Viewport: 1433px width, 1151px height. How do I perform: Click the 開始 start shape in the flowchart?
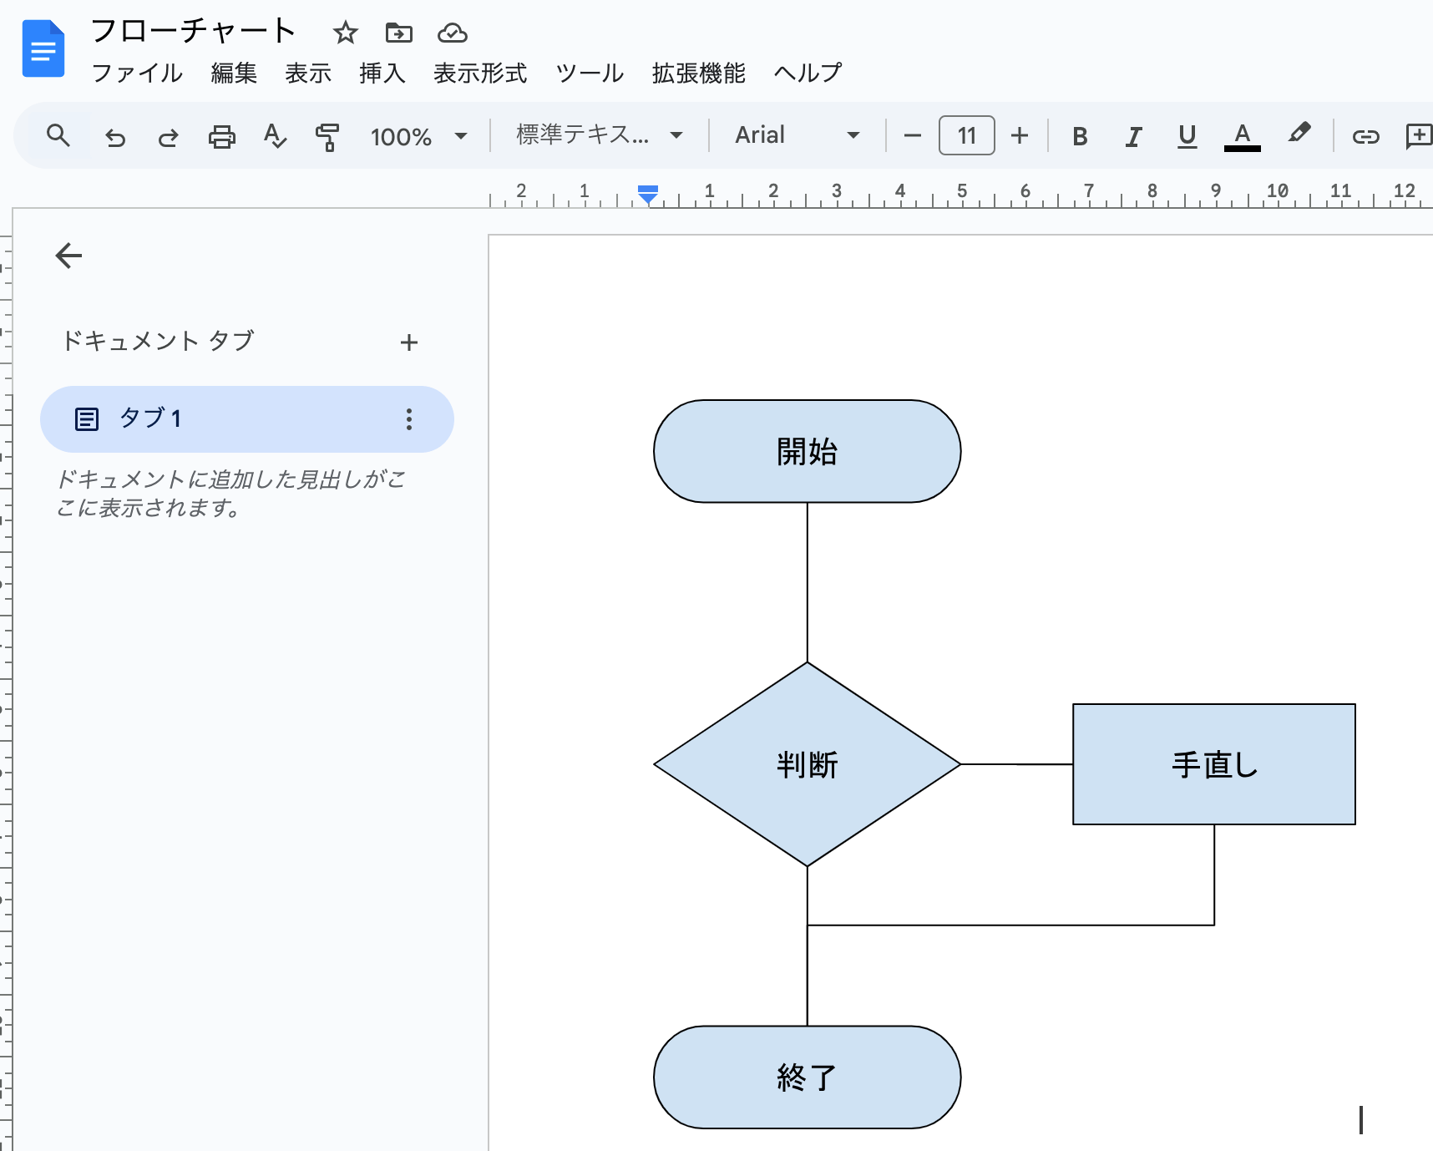[x=807, y=451]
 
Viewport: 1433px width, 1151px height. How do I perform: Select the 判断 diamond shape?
[x=807, y=763]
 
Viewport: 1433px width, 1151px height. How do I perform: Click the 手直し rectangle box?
[x=1213, y=763]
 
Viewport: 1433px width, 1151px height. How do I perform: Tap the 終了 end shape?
[x=807, y=1077]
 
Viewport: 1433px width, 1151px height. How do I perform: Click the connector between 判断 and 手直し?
[x=1016, y=763]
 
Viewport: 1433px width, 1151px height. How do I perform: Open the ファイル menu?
[x=137, y=74]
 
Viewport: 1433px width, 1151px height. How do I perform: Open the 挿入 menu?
[x=382, y=74]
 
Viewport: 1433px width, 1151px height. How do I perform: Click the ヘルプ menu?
[x=807, y=74]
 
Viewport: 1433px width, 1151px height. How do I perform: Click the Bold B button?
[x=1079, y=135]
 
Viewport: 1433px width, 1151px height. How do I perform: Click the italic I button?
[x=1133, y=135]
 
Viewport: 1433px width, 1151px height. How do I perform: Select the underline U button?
[x=1187, y=135]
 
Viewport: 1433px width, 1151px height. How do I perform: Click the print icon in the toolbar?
[x=221, y=135]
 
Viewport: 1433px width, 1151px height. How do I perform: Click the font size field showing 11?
[x=966, y=135]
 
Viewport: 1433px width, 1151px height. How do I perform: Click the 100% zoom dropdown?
[x=418, y=135]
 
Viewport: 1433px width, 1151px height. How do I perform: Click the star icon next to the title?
[x=345, y=33]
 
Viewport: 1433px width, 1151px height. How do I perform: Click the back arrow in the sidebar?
[x=68, y=256]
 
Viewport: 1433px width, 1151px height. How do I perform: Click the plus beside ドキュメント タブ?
[x=408, y=342]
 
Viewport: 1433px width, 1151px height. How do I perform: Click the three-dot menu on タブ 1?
[x=408, y=418]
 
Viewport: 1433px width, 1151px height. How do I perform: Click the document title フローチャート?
[x=193, y=31]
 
